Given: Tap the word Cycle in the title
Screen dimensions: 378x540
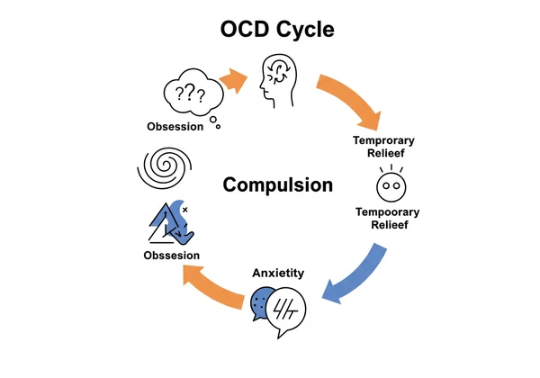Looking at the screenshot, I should [304, 29].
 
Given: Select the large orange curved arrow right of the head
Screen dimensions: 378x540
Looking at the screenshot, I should [353, 102].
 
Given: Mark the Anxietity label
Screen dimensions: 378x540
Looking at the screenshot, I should [277, 272].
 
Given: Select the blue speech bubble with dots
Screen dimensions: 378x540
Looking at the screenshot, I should [262, 302].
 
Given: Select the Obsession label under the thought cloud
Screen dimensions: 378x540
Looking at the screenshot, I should [175, 127].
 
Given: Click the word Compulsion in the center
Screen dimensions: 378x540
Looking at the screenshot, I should [277, 185].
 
